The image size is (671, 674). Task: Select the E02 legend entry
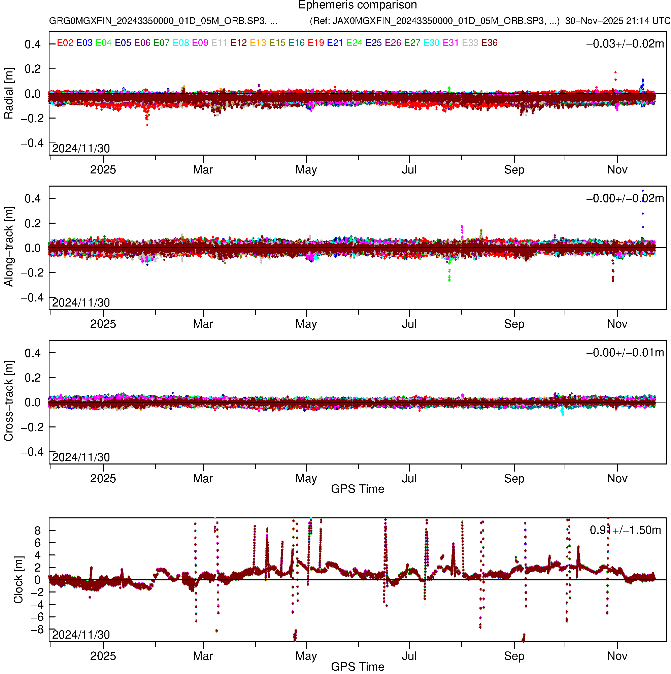tap(65, 43)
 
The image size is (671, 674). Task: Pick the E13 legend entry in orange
tap(258, 43)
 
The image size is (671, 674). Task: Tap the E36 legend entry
tap(489, 43)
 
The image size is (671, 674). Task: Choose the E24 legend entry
tap(354, 43)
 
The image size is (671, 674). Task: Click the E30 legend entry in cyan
tap(431, 43)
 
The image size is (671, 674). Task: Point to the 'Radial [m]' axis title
tap(9, 94)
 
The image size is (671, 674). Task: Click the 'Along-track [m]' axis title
tap(9, 247)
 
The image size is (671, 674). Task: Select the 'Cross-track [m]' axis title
tap(9, 401)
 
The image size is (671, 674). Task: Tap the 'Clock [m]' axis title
tap(18, 580)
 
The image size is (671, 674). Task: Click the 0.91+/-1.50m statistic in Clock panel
tap(625, 530)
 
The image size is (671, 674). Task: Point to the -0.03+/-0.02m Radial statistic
tap(625, 44)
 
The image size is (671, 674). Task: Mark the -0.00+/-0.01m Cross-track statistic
tap(625, 353)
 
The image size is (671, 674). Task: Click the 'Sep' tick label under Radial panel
tap(514, 170)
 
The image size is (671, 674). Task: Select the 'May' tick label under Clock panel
tap(306, 656)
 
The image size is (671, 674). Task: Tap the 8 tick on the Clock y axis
tap(37, 531)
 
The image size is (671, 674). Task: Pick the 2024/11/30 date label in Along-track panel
tap(81, 303)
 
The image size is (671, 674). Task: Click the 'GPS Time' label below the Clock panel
tap(358, 667)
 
